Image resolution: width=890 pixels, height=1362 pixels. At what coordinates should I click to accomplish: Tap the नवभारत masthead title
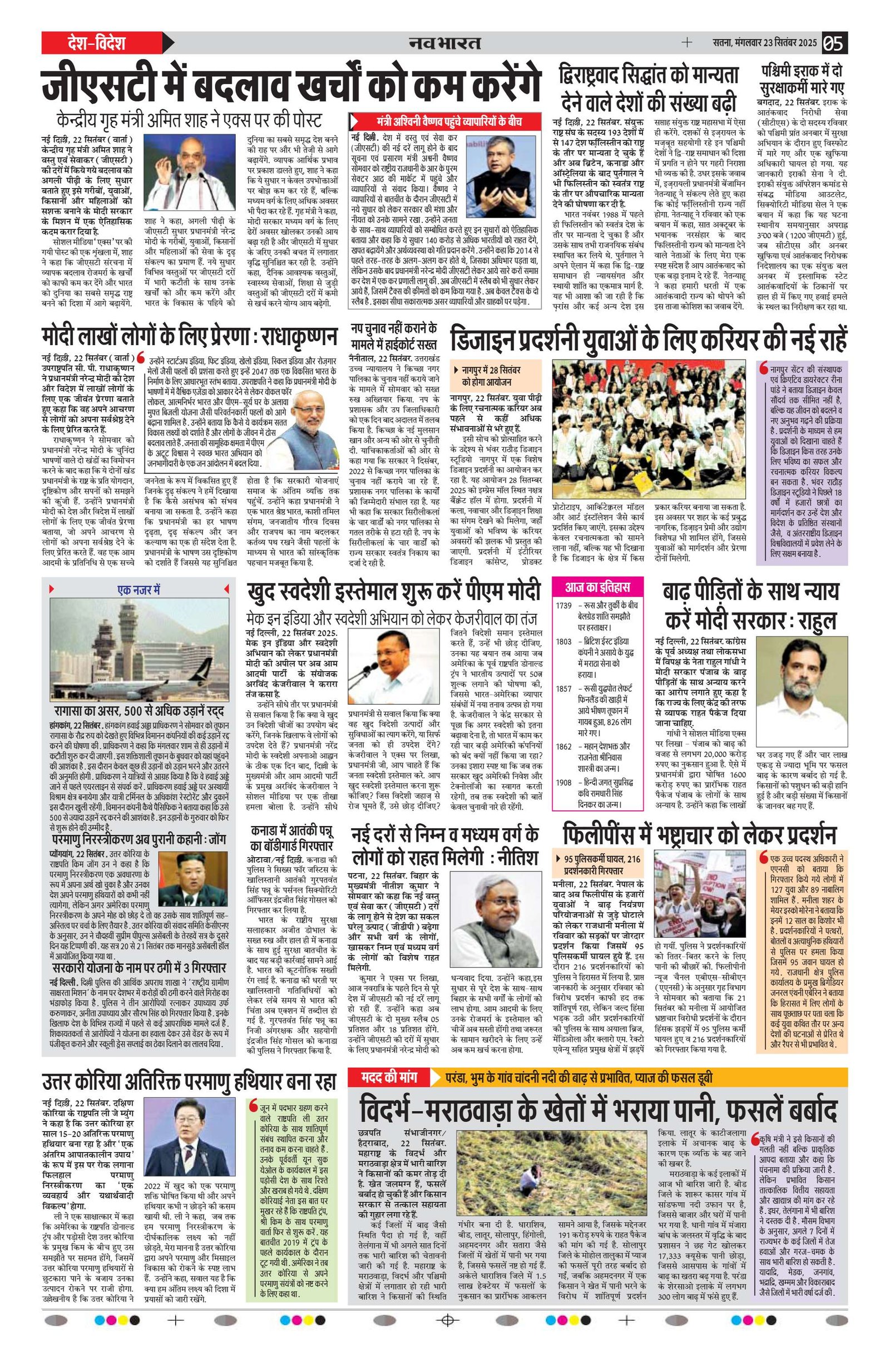[444, 43]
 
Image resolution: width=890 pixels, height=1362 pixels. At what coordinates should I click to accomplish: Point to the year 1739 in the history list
[564, 606]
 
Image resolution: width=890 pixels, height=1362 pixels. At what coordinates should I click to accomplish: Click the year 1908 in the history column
[564, 781]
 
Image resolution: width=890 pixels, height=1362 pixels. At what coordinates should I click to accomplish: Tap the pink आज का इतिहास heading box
[598, 587]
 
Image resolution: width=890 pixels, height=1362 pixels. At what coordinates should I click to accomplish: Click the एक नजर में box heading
[139, 589]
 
